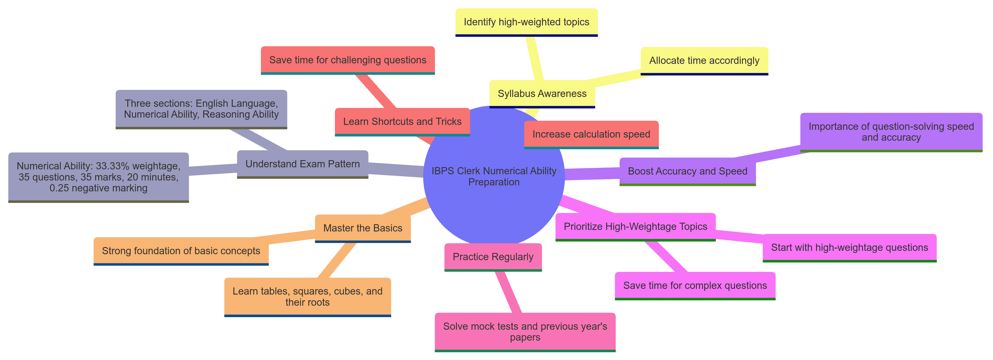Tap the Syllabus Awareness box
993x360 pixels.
click(x=542, y=94)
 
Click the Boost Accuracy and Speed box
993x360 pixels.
click(x=687, y=171)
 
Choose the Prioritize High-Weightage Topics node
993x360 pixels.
click(x=635, y=227)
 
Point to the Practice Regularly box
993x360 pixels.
click(x=493, y=257)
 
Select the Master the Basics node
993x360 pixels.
click(x=363, y=228)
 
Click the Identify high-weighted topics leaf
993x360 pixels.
click(x=526, y=22)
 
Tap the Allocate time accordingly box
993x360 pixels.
click(x=704, y=61)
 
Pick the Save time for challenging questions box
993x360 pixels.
click(x=348, y=60)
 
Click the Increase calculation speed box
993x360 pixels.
click(x=591, y=134)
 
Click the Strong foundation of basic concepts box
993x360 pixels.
click(x=181, y=251)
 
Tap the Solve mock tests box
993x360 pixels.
click(x=525, y=332)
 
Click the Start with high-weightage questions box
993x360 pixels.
click(x=849, y=248)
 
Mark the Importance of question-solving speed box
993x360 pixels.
click(x=891, y=132)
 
